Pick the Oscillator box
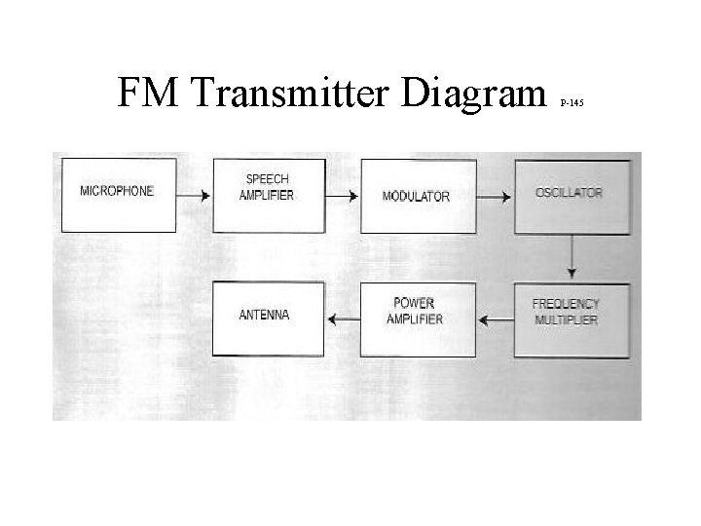coord(569,194)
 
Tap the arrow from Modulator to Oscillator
coord(495,196)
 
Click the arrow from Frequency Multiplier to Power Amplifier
coord(496,317)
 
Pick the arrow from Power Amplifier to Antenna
coord(344,317)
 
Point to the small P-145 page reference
coord(572,101)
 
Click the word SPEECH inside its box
coord(267,180)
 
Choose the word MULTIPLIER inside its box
coord(566,320)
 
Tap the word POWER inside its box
coord(415,304)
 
